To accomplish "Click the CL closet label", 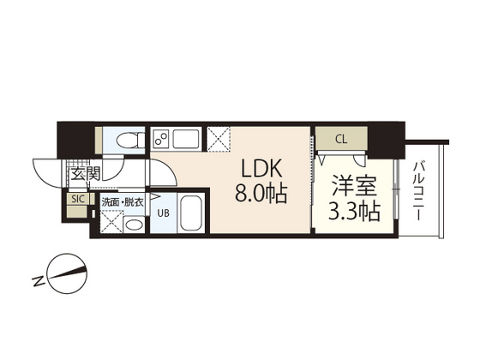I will [340, 138].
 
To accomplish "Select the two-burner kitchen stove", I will [161, 138].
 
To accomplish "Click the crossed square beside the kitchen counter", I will [219, 138].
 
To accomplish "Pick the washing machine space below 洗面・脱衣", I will [111, 221].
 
